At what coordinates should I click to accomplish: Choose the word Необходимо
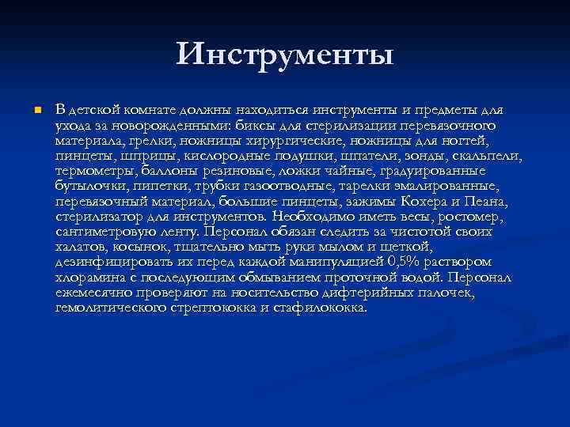click(x=312, y=215)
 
